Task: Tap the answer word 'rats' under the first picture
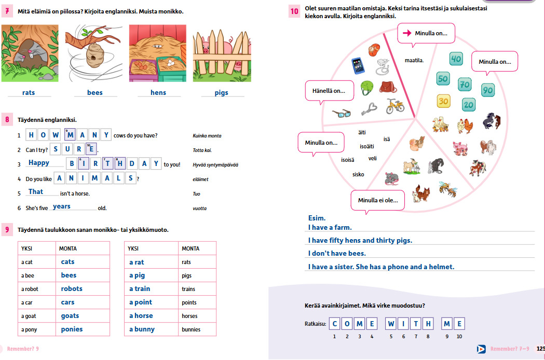coord(29,92)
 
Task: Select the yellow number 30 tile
coord(443,102)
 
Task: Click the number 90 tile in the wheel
coord(488,90)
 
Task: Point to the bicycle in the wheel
coord(395,106)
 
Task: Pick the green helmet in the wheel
coord(366,88)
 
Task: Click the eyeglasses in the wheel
coord(342,113)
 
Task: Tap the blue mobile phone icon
coord(358,66)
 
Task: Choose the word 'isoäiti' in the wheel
coord(366,146)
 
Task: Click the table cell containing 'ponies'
coord(83,329)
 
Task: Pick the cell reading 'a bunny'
coord(151,329)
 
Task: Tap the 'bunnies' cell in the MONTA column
coord(197,329)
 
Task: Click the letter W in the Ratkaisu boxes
coord(391,324)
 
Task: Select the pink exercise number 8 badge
coord(7,120)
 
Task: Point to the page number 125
coord(540,349)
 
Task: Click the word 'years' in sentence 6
coord(62,206)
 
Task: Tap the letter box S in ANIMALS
coord(131,178)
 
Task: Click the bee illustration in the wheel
coord(447,189)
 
